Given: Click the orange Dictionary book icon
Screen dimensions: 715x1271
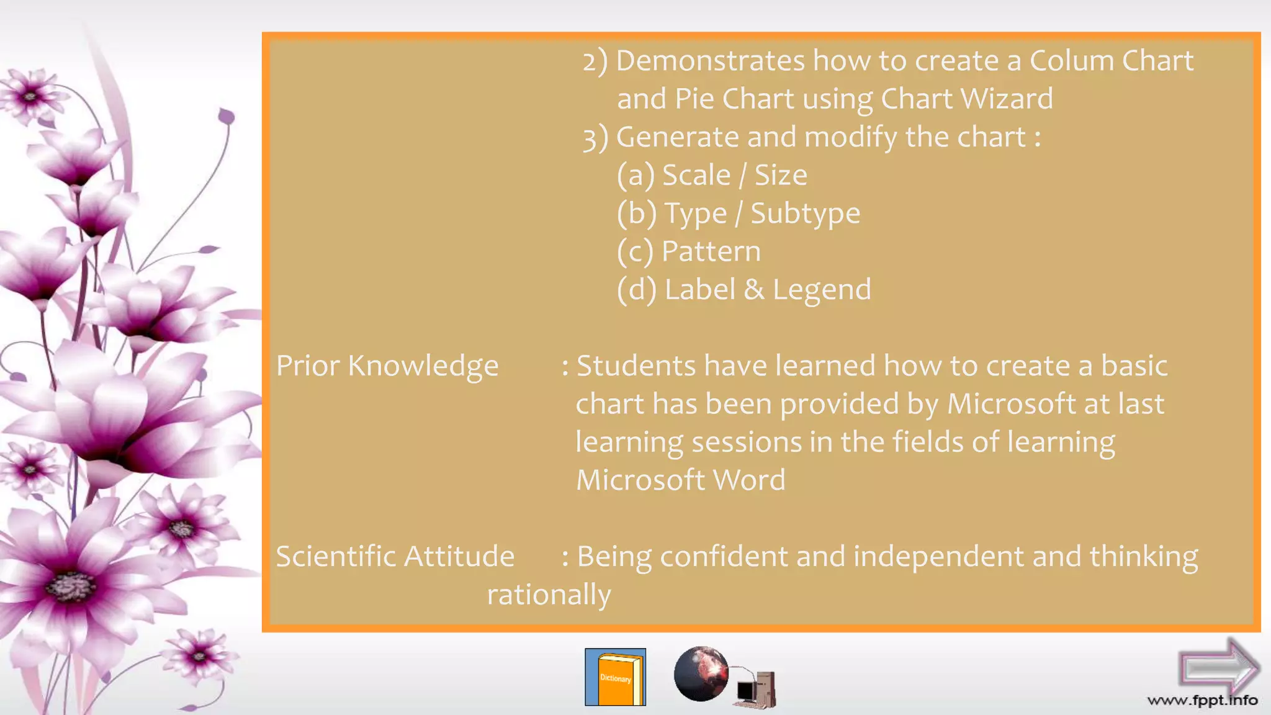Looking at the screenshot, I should pyautogui.click(x=615, y=677).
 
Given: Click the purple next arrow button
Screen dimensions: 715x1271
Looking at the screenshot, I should pyautogui.click(x=1218, y=667).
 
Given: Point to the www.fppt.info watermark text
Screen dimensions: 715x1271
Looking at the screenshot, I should pyautogui.click(x=1202, y=701).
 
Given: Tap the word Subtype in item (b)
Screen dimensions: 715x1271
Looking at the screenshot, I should pyautogui.click(x=805, y=214).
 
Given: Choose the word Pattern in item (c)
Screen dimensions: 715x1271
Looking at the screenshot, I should pyautogui.click(x=711, y=251).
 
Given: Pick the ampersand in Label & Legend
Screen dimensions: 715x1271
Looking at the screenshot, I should pyautogui.click(x=753, y=290).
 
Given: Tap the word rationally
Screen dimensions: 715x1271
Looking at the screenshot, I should pyautogui.click(x=549, y=595).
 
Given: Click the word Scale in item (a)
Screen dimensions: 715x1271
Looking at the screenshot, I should pyautogui.click(x=696, y=175).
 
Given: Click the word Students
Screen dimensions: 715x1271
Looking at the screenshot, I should pyautogui.click(x=635, y=366).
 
